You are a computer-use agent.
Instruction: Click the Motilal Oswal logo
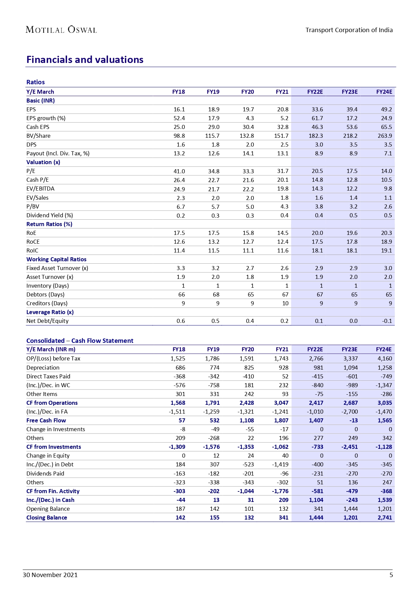pyautogui.click(x=61, y=30)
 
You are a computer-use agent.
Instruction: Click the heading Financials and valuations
pyautogui.click(x=85, y=60)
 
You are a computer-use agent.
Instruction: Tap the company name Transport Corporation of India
pyautogui.click(x=349, y=30)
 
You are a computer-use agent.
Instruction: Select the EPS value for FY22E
pyautogui.click(x=317, y=109)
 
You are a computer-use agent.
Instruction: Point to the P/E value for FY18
pyautogui.click(x=179, y=171)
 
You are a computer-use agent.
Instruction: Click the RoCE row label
pyautogui.click(x=33, y=242)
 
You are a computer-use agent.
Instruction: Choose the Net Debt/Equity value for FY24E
pyautogui.click(x=387, y=321)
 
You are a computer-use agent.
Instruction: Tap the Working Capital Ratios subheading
pyautogui.click(x=56, y=259)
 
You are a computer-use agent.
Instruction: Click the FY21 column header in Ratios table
pyautogui.click(x=282, y=92)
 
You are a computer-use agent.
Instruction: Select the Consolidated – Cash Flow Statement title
pyautogui.click(x=80, y=340)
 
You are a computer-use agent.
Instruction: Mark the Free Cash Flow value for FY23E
pyautogui.click(x=351, y=420)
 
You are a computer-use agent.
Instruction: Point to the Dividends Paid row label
pyautogui.click(x=45, y=474)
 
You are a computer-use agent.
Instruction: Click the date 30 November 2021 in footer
pyautogui.click(x=50, y=575)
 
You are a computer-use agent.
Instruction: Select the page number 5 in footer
pyautogui.click(x=391, y=575)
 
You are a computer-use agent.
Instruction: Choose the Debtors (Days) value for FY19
pyautogui.click(x=216, y=294)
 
